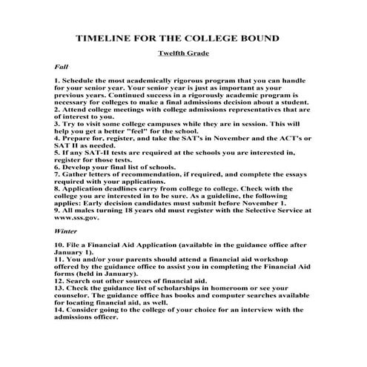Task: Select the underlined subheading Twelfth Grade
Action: click(x=183, y=53)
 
